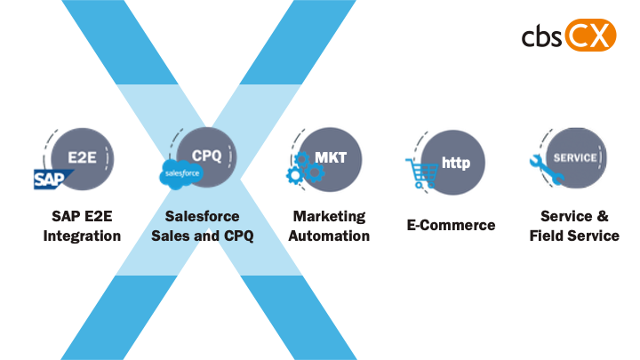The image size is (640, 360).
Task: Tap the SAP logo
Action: click(x=51, y=180)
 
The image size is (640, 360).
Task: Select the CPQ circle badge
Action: click(x=207, y=156)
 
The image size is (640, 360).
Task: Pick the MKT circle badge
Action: click(x=330, y=157)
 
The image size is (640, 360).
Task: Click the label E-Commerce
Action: click(x=451, y=225)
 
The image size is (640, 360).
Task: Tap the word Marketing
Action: click(x=329, y=217)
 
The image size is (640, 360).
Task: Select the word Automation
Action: click(x=329, y=236)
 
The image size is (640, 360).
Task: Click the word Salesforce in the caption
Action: click(x=202, y=217)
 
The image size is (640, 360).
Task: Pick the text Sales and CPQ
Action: click(x=202, y=236)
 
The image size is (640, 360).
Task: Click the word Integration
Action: click(x=82, y=236)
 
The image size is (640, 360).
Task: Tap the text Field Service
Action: click(x=574, y=236)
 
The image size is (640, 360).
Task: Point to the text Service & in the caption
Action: click(x=574, y=217)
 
